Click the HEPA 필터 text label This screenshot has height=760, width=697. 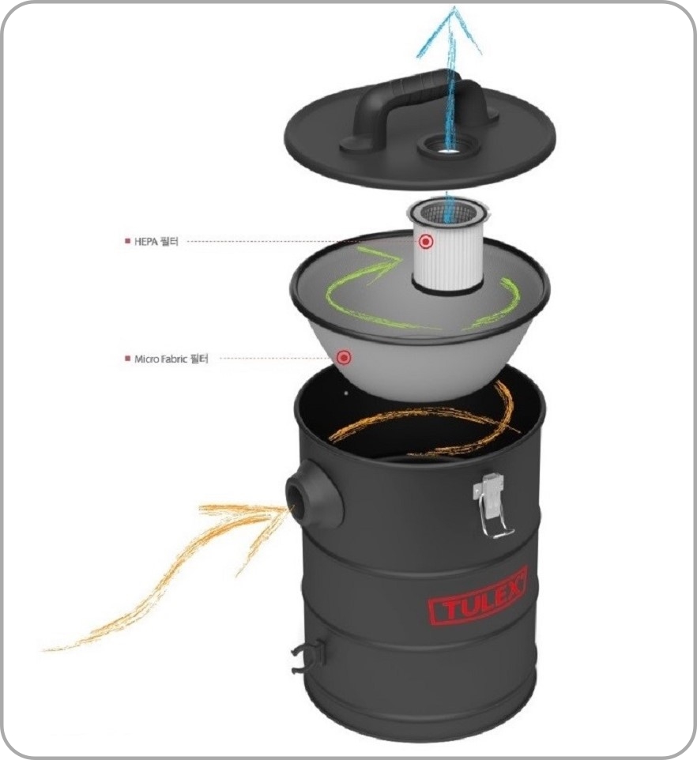click(156, 241)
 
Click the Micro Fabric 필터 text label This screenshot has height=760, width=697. click(171, 359)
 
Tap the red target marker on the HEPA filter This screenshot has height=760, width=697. click(426, 242)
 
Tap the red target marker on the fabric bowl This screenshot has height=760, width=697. click(344, 358)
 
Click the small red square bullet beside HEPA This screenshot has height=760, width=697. click(127, 241)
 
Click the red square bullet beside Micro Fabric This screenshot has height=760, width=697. click(127, 359)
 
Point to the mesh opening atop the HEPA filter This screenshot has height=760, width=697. click(448, 210)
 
